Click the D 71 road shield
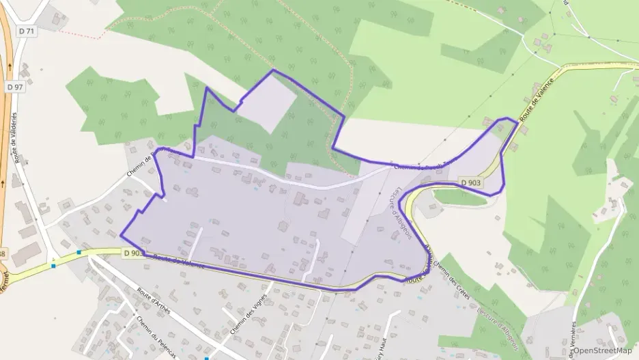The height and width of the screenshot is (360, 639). click(27, 31)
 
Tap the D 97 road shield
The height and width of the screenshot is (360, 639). click(15, 87)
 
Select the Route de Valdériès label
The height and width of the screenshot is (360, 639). click(16, 137)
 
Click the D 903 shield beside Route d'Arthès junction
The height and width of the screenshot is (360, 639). click(134, 253)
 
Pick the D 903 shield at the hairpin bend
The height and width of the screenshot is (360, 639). click(471, 182)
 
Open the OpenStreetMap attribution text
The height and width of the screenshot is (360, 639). click(602, 350)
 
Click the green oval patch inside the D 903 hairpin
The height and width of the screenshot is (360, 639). click(460, 197)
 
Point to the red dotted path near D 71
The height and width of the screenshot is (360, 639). click(82, 31)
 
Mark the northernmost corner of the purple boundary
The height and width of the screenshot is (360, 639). click(274, 70)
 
